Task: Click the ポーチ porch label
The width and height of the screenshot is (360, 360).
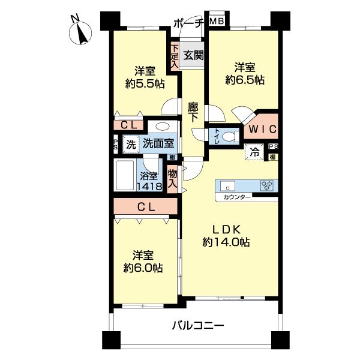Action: tap(188, 23)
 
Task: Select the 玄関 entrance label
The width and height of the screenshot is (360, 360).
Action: tap(193, 55)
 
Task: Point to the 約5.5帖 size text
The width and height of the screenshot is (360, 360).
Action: tap(142, 84)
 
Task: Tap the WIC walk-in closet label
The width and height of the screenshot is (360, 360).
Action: tap(262, 128)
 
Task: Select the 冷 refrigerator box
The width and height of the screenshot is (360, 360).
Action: tap(254, 152)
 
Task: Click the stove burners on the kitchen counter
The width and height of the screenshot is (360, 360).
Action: tap(266, 185)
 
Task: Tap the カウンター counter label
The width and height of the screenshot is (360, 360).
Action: tap(237, 197)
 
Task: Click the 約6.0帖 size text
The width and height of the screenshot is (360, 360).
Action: tap(141, 267)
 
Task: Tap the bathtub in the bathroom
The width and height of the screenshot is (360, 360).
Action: tap(126, 176)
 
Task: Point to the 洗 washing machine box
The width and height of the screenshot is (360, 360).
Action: tap(130, 144)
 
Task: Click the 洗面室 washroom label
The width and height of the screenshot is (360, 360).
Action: tap(158, 143)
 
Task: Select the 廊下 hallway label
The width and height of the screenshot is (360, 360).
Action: tap(193, 112)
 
